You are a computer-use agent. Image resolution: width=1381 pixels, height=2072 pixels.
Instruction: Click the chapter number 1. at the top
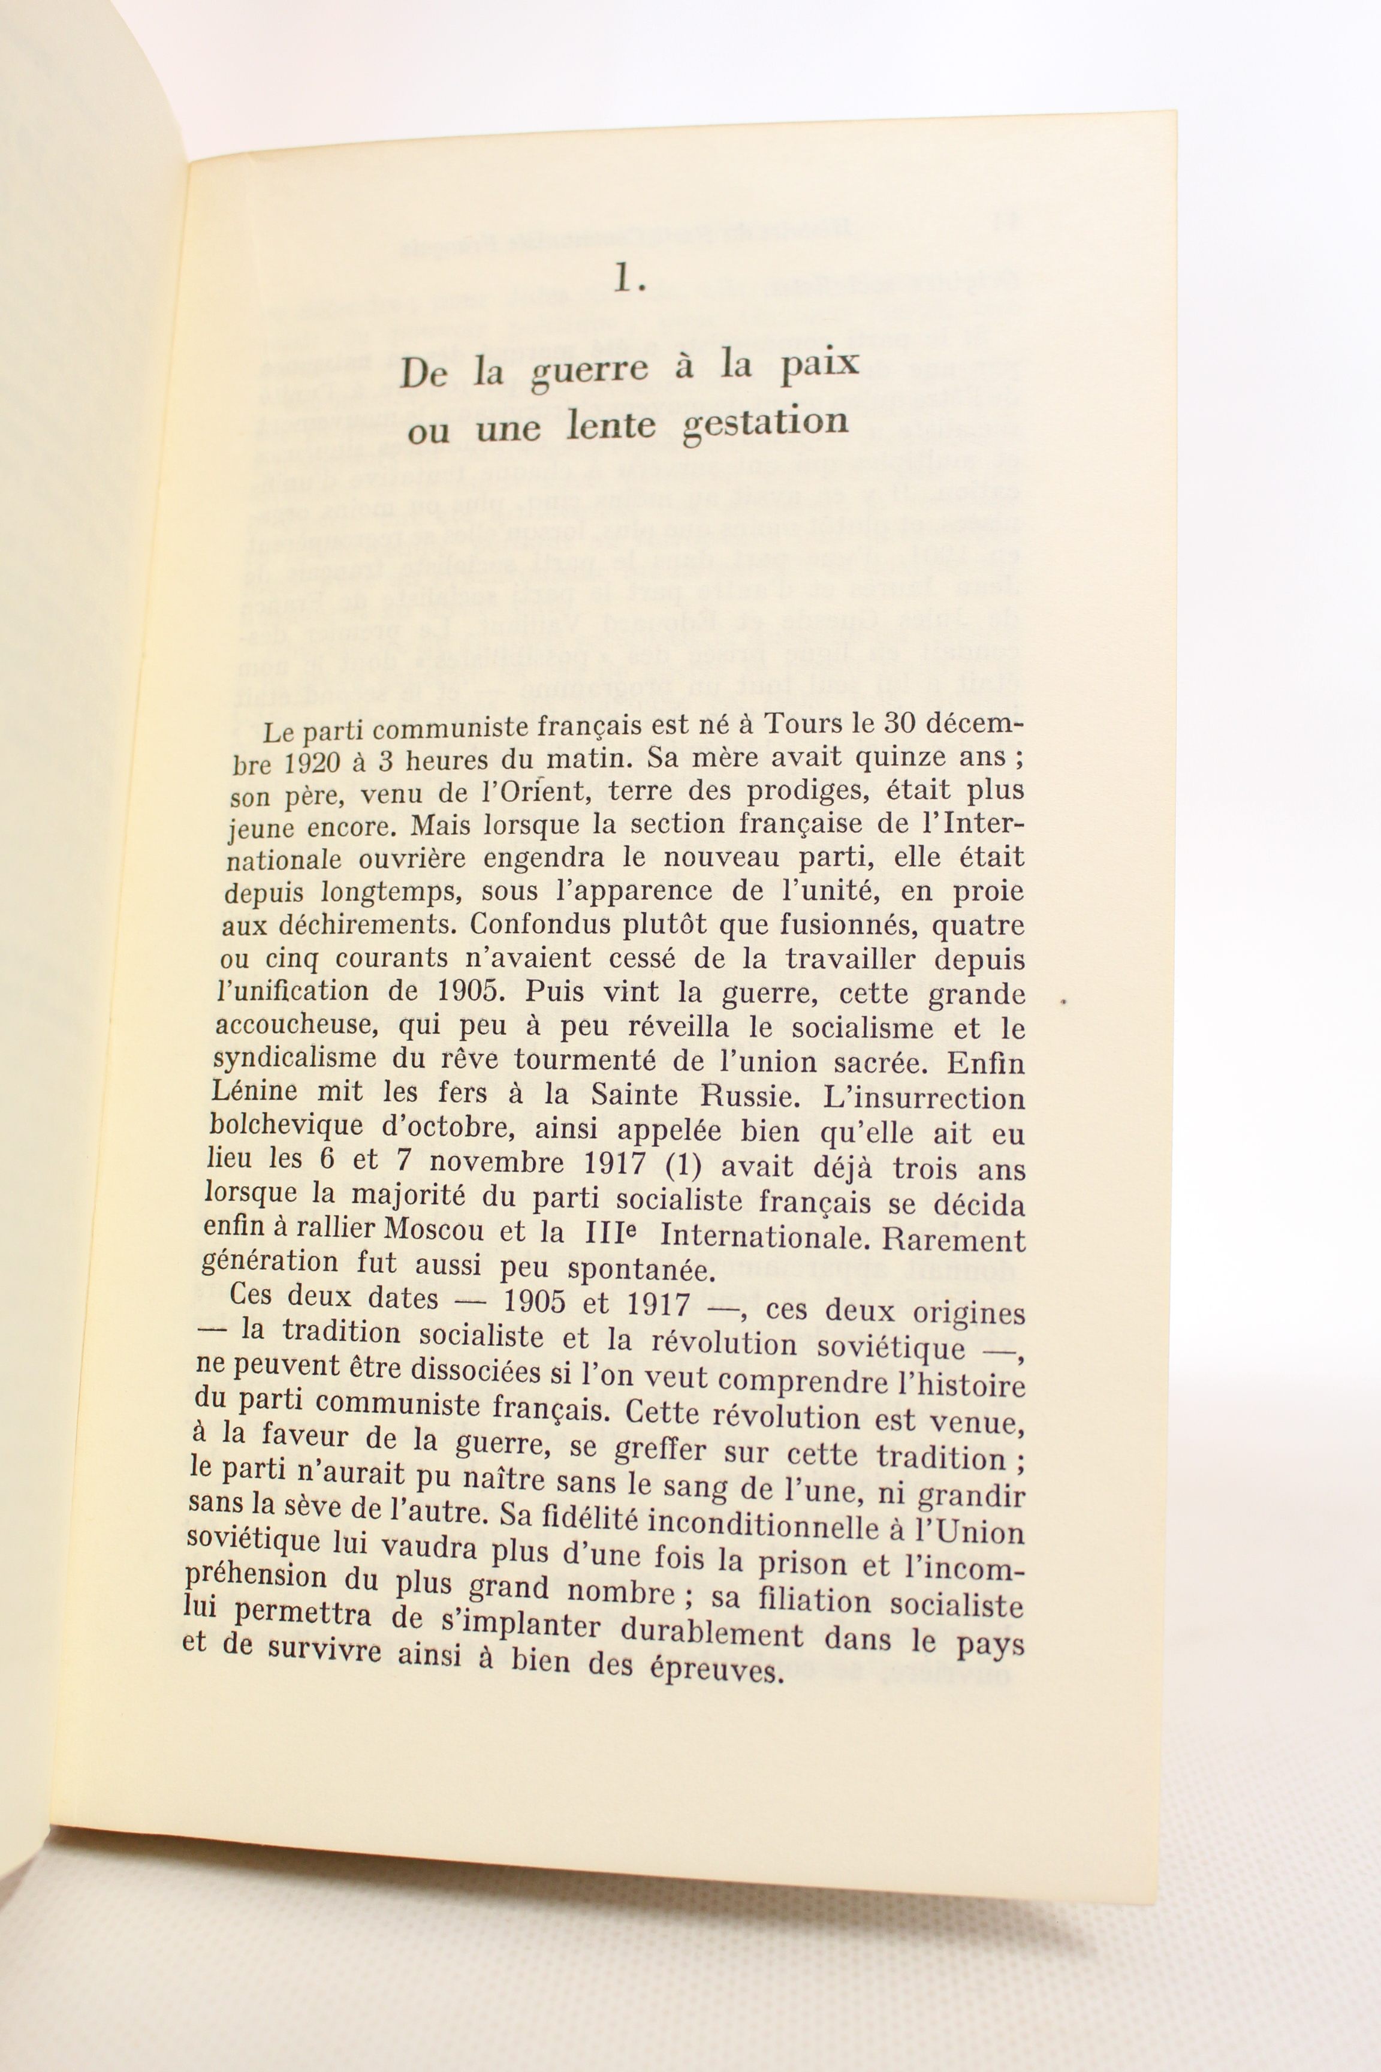tap(631, 279)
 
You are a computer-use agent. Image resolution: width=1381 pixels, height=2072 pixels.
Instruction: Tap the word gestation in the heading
tap(765, 423)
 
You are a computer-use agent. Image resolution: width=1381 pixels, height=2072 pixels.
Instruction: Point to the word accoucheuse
tap(294, 1025)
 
